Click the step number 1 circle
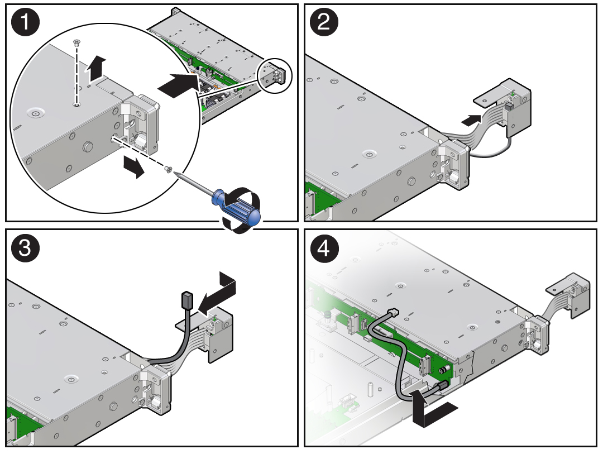tap(25, 22)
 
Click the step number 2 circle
tap(324, 22)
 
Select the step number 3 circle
tap(25, 248)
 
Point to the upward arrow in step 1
tap(96, 69)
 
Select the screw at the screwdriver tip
tap(168, 169)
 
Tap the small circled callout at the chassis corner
tap(275, 75)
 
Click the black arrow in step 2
tap(471, 120)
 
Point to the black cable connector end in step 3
tap(186, 299)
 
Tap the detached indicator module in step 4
tap(568, 295)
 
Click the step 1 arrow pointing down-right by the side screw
tap(133, 167)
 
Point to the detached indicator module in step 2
tap(503, 107)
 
